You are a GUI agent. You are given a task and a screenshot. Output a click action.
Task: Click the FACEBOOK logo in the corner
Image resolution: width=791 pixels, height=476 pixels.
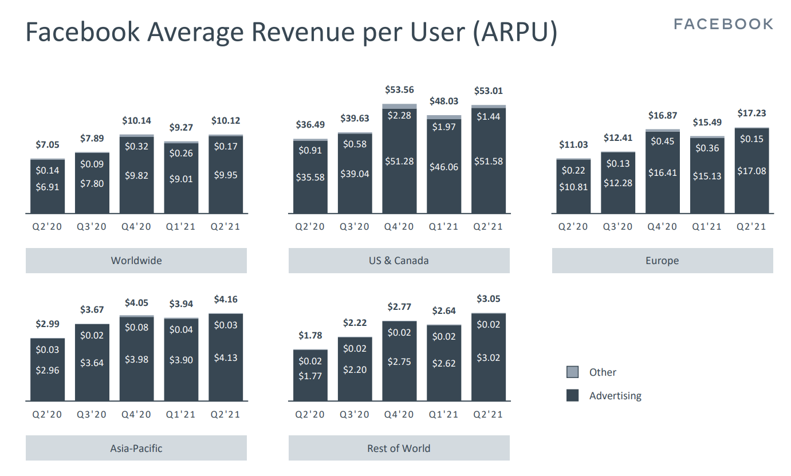point(723,24)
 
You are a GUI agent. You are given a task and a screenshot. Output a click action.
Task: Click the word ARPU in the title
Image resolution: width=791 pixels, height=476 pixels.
point(515,32)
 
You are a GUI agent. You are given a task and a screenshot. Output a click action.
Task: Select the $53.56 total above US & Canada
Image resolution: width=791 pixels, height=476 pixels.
point(399,90)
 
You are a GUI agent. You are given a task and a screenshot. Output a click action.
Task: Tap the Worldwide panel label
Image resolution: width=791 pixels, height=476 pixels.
point(136,261)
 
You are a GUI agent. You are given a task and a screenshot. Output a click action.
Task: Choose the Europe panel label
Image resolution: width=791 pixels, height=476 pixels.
point(662,261)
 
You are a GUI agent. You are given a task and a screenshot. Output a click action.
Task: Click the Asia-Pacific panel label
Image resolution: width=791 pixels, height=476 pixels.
point(136,449)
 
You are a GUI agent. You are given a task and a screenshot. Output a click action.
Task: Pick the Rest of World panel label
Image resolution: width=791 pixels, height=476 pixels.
point(399,449)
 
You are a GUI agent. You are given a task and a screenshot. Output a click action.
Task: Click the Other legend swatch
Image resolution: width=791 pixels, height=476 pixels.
point(572,372)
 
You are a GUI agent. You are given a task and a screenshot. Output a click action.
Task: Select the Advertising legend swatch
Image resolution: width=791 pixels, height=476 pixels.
point(572,395)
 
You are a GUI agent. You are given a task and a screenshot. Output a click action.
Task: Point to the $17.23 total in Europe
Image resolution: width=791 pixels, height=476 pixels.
point(752,113)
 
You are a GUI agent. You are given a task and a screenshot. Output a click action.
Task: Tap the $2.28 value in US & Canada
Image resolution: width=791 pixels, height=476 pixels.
point(399,116)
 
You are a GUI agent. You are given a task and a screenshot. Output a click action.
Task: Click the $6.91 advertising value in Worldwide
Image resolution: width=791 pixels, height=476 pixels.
point(48,187)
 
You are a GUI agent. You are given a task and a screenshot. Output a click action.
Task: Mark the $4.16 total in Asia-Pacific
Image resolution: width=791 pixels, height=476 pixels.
point(226,300)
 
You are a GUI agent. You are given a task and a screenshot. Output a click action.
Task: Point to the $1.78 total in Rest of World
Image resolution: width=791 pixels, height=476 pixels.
point(310,336)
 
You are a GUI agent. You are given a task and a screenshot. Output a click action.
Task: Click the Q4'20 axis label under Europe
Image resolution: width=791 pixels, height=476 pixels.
point(662,227)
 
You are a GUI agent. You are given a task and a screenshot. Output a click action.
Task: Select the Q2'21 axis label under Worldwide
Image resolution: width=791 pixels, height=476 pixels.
point(225,227)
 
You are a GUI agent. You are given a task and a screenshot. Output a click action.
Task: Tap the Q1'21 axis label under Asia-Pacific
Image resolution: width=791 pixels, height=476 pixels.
point(181,415)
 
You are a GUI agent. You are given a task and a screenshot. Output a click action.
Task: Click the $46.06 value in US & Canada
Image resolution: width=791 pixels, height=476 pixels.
point(444,167)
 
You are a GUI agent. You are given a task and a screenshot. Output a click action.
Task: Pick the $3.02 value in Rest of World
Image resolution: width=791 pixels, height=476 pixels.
point(489,357)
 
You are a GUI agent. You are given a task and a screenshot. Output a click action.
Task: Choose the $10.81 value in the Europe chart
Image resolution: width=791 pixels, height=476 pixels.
point(573,187)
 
